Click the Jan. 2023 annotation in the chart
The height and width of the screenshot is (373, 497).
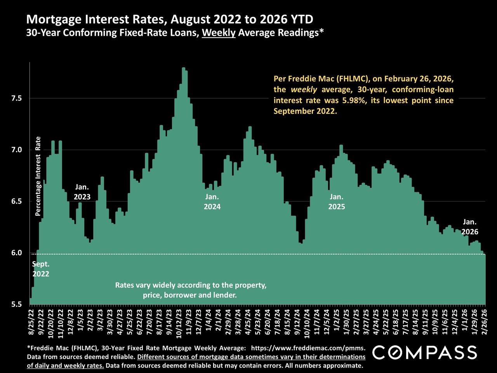coord(82,192)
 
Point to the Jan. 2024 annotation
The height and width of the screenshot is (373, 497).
coord(212,202)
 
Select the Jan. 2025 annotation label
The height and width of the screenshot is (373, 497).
coord(336,202)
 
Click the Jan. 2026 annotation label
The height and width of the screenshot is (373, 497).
coord(469,227)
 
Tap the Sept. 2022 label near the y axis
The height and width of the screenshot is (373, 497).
coord(40,269)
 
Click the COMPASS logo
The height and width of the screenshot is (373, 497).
coord(425,353)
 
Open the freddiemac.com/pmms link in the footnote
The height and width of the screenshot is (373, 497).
coord(308,348)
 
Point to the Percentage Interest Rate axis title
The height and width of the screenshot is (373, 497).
coord(38,176)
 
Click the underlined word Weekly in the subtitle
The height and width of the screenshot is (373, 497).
coord(219,33)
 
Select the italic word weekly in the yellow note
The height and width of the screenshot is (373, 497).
coord(304,90)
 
